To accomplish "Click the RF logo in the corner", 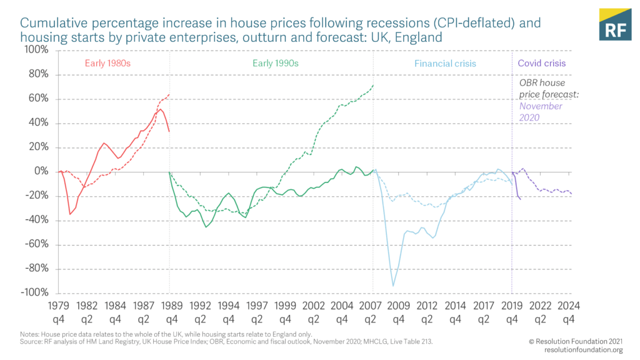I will [614, 25].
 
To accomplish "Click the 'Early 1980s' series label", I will [107, 64].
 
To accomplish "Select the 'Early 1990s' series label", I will [276, 64].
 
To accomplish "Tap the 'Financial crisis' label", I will [445, 64].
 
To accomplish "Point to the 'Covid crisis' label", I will [542, 64].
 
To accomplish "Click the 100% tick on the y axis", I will [36, 50].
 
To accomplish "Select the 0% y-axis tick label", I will [41, 171].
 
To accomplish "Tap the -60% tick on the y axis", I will [37, 244].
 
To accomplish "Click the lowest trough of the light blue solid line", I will [393, 286].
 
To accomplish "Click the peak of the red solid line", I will [161, 110].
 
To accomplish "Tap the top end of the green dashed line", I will [373, 85].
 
